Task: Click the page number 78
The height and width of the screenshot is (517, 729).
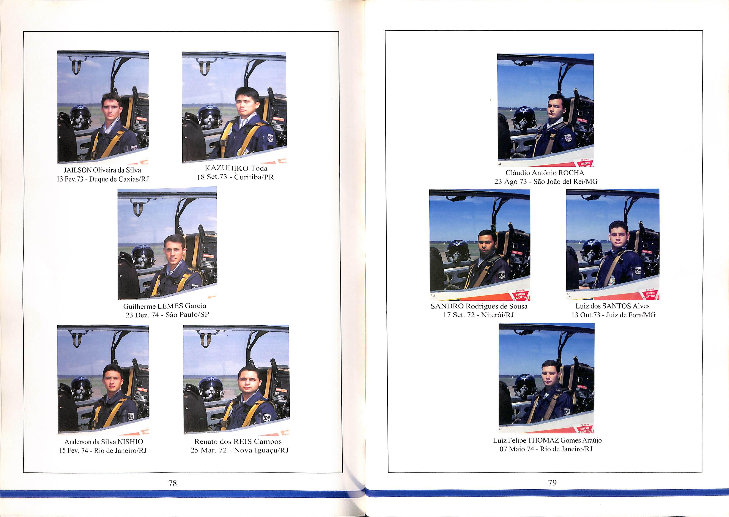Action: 173,483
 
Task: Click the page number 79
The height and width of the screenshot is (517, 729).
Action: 552,483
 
